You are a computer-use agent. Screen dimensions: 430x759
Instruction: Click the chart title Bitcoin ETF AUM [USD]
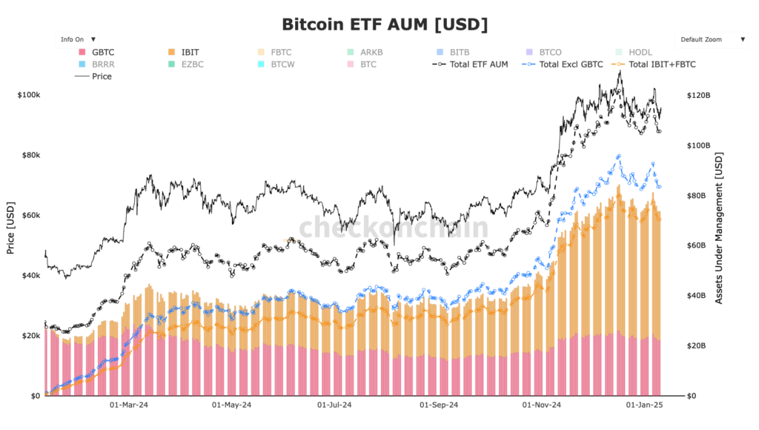click(385, 24)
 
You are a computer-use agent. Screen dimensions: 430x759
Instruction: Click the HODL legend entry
click(640, 53)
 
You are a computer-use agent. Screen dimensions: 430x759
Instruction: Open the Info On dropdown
click(77, 39)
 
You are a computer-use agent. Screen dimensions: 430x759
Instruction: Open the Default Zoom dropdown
click(712, 39)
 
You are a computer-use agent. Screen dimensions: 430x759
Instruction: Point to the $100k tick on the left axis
click(28, 96)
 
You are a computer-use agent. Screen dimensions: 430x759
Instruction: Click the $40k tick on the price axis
click(30, 276)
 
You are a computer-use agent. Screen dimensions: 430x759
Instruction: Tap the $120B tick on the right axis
click(698, 96)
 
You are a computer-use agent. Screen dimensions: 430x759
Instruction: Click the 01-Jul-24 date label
click(334, 406)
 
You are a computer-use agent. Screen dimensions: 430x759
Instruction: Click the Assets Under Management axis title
click(718, 228)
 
